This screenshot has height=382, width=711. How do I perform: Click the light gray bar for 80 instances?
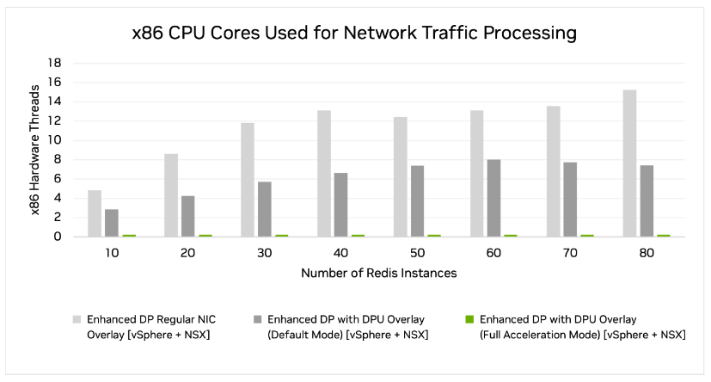[x=630, y=163]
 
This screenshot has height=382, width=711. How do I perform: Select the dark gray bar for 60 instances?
[x=493, y=198]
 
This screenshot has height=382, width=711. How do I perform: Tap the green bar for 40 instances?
[x=358, y=235]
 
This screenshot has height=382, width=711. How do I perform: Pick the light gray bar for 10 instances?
[x=95, y=213]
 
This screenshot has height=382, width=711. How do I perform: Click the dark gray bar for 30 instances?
[x=265, y=209]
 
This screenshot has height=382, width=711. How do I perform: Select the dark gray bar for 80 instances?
[x=647, y=200]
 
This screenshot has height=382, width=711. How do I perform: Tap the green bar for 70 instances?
[x=587, y=235]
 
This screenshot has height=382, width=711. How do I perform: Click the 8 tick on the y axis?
[x=57, y=159]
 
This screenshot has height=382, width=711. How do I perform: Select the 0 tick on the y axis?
[x=57, y=237]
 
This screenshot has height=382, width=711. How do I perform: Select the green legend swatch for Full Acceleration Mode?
[x=468, y=319]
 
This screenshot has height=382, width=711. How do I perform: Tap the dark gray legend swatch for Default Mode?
[x=255, y=319]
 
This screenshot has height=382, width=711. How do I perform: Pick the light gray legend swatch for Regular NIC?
[x=77, y=319]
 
